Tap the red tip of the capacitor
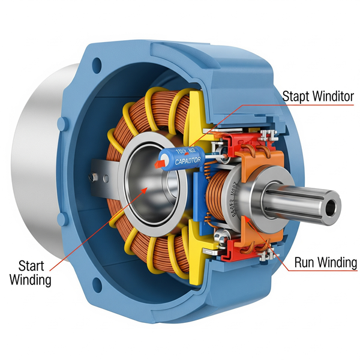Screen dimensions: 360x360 pyautogui.click(x=161, y=162)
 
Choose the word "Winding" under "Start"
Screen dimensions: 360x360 pyautogui.click(x=31, y=280)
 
